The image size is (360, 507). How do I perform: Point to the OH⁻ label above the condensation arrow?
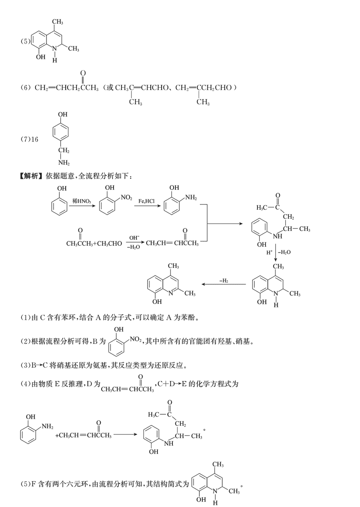[x=134, y=237]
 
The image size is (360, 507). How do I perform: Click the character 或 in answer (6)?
[x=109, y=87]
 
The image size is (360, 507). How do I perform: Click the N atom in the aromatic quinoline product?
[x=173, y=293]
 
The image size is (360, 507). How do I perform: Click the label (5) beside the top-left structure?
[x=25, y=42]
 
